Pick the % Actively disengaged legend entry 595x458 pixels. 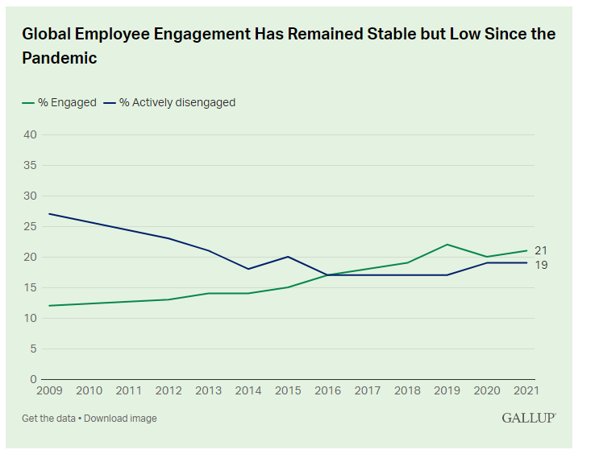pos(171,102)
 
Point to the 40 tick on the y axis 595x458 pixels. pos(30,134)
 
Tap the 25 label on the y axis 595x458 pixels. pos(30,226)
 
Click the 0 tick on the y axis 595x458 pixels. pos(34,379)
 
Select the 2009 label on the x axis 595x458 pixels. pos(49,390)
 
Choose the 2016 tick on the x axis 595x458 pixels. pos(328,390)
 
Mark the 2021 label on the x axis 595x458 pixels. pos(526,390)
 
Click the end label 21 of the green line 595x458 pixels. pos(541,250)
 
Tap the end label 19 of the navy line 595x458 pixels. pos(541,265)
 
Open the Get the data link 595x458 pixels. pos(50,418)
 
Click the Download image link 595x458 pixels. pos(120,418)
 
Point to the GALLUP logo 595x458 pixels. pos(529,418)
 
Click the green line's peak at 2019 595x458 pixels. pos(447,245)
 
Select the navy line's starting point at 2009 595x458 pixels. pos(49,214)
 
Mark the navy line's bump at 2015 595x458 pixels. pos(288,257)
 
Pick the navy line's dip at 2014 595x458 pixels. pos(248,269)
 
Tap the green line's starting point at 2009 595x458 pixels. pos(49,306)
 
